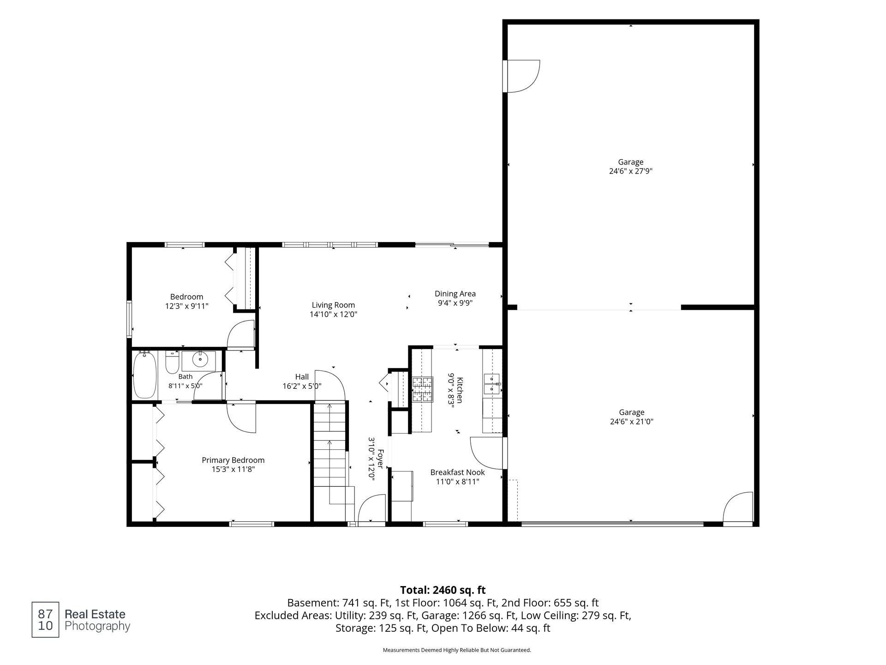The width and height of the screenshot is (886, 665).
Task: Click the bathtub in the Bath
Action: (145, 375)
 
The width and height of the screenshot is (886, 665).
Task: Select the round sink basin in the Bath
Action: (200, 359)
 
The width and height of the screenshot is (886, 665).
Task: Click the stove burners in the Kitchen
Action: (423, 389)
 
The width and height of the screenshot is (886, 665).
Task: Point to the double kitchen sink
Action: (492, 384)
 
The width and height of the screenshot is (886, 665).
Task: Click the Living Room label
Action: (333, 305)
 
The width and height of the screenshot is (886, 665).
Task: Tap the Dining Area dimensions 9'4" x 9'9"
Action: (455, 303)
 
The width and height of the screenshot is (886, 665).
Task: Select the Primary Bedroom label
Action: (233, 460)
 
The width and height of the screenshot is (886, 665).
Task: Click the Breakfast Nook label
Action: (457, 472)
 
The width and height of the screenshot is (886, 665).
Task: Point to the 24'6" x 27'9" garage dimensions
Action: (631, 171)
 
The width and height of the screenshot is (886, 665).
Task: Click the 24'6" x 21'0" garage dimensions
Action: (631, 421)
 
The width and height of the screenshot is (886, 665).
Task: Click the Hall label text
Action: (302, 377)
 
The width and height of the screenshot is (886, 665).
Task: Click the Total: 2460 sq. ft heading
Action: (443, 590)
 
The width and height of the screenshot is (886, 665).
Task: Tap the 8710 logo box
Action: (45, 620)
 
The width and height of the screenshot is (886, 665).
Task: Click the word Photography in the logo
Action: (97, 627)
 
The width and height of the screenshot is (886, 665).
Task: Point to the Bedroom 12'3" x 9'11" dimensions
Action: (187, 306)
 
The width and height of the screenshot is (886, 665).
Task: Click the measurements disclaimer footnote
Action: (457, 650)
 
